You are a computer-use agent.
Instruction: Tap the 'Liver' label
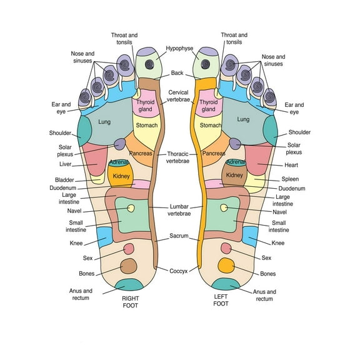coord(66,164)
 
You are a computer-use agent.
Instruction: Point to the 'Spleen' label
coord(291,179)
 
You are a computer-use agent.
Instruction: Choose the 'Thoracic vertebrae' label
coord(179,157)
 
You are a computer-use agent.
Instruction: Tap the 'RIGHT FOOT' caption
coord(130,302)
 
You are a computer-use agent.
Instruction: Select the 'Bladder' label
coord(64,180)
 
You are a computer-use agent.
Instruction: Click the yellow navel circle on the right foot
coord(131,208)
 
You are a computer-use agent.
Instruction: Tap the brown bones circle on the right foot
coord(128,266)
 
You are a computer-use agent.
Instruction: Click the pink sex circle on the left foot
coord(226,248)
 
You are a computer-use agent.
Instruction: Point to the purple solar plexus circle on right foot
coord(119,144)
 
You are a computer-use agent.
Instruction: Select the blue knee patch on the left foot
coord(249,235)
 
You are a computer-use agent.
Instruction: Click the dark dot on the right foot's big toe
coord(149,64)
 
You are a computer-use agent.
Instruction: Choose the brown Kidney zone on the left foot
coord(234,176)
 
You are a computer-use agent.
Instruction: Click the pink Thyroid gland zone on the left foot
coord(209,106)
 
